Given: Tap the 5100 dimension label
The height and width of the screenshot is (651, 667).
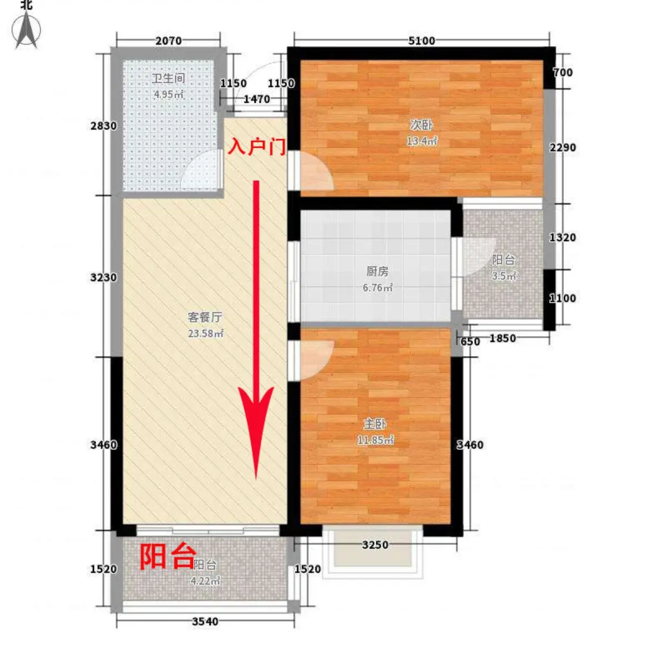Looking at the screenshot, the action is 421,41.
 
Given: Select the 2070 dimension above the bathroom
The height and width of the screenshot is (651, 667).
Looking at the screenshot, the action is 168,41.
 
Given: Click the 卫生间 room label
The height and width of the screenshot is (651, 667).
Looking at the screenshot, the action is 168,78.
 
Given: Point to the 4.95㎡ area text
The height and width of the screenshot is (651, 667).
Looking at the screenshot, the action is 168,94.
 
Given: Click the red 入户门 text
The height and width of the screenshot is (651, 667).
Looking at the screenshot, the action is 257,146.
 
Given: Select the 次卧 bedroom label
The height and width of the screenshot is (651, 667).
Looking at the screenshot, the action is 421,125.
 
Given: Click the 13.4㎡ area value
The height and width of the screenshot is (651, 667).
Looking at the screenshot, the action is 421,141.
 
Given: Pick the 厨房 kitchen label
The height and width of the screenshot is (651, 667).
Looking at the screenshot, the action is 377,272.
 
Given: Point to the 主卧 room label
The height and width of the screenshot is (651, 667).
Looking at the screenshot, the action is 375,424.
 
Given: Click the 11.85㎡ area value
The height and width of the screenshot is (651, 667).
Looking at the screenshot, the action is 375,440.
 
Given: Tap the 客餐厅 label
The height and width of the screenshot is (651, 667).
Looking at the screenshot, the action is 205,317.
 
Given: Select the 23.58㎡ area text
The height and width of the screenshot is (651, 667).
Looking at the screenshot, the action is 205,333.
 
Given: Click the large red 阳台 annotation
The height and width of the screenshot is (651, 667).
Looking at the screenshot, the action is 168,556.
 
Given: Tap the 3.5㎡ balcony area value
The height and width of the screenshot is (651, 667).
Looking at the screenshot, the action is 504,276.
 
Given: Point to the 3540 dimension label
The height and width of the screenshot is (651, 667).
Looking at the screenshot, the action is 205,621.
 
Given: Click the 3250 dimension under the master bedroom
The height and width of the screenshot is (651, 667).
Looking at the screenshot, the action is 375,544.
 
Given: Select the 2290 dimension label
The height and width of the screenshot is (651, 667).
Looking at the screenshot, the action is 563,148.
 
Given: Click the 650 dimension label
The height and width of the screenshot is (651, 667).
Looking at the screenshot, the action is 470,342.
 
